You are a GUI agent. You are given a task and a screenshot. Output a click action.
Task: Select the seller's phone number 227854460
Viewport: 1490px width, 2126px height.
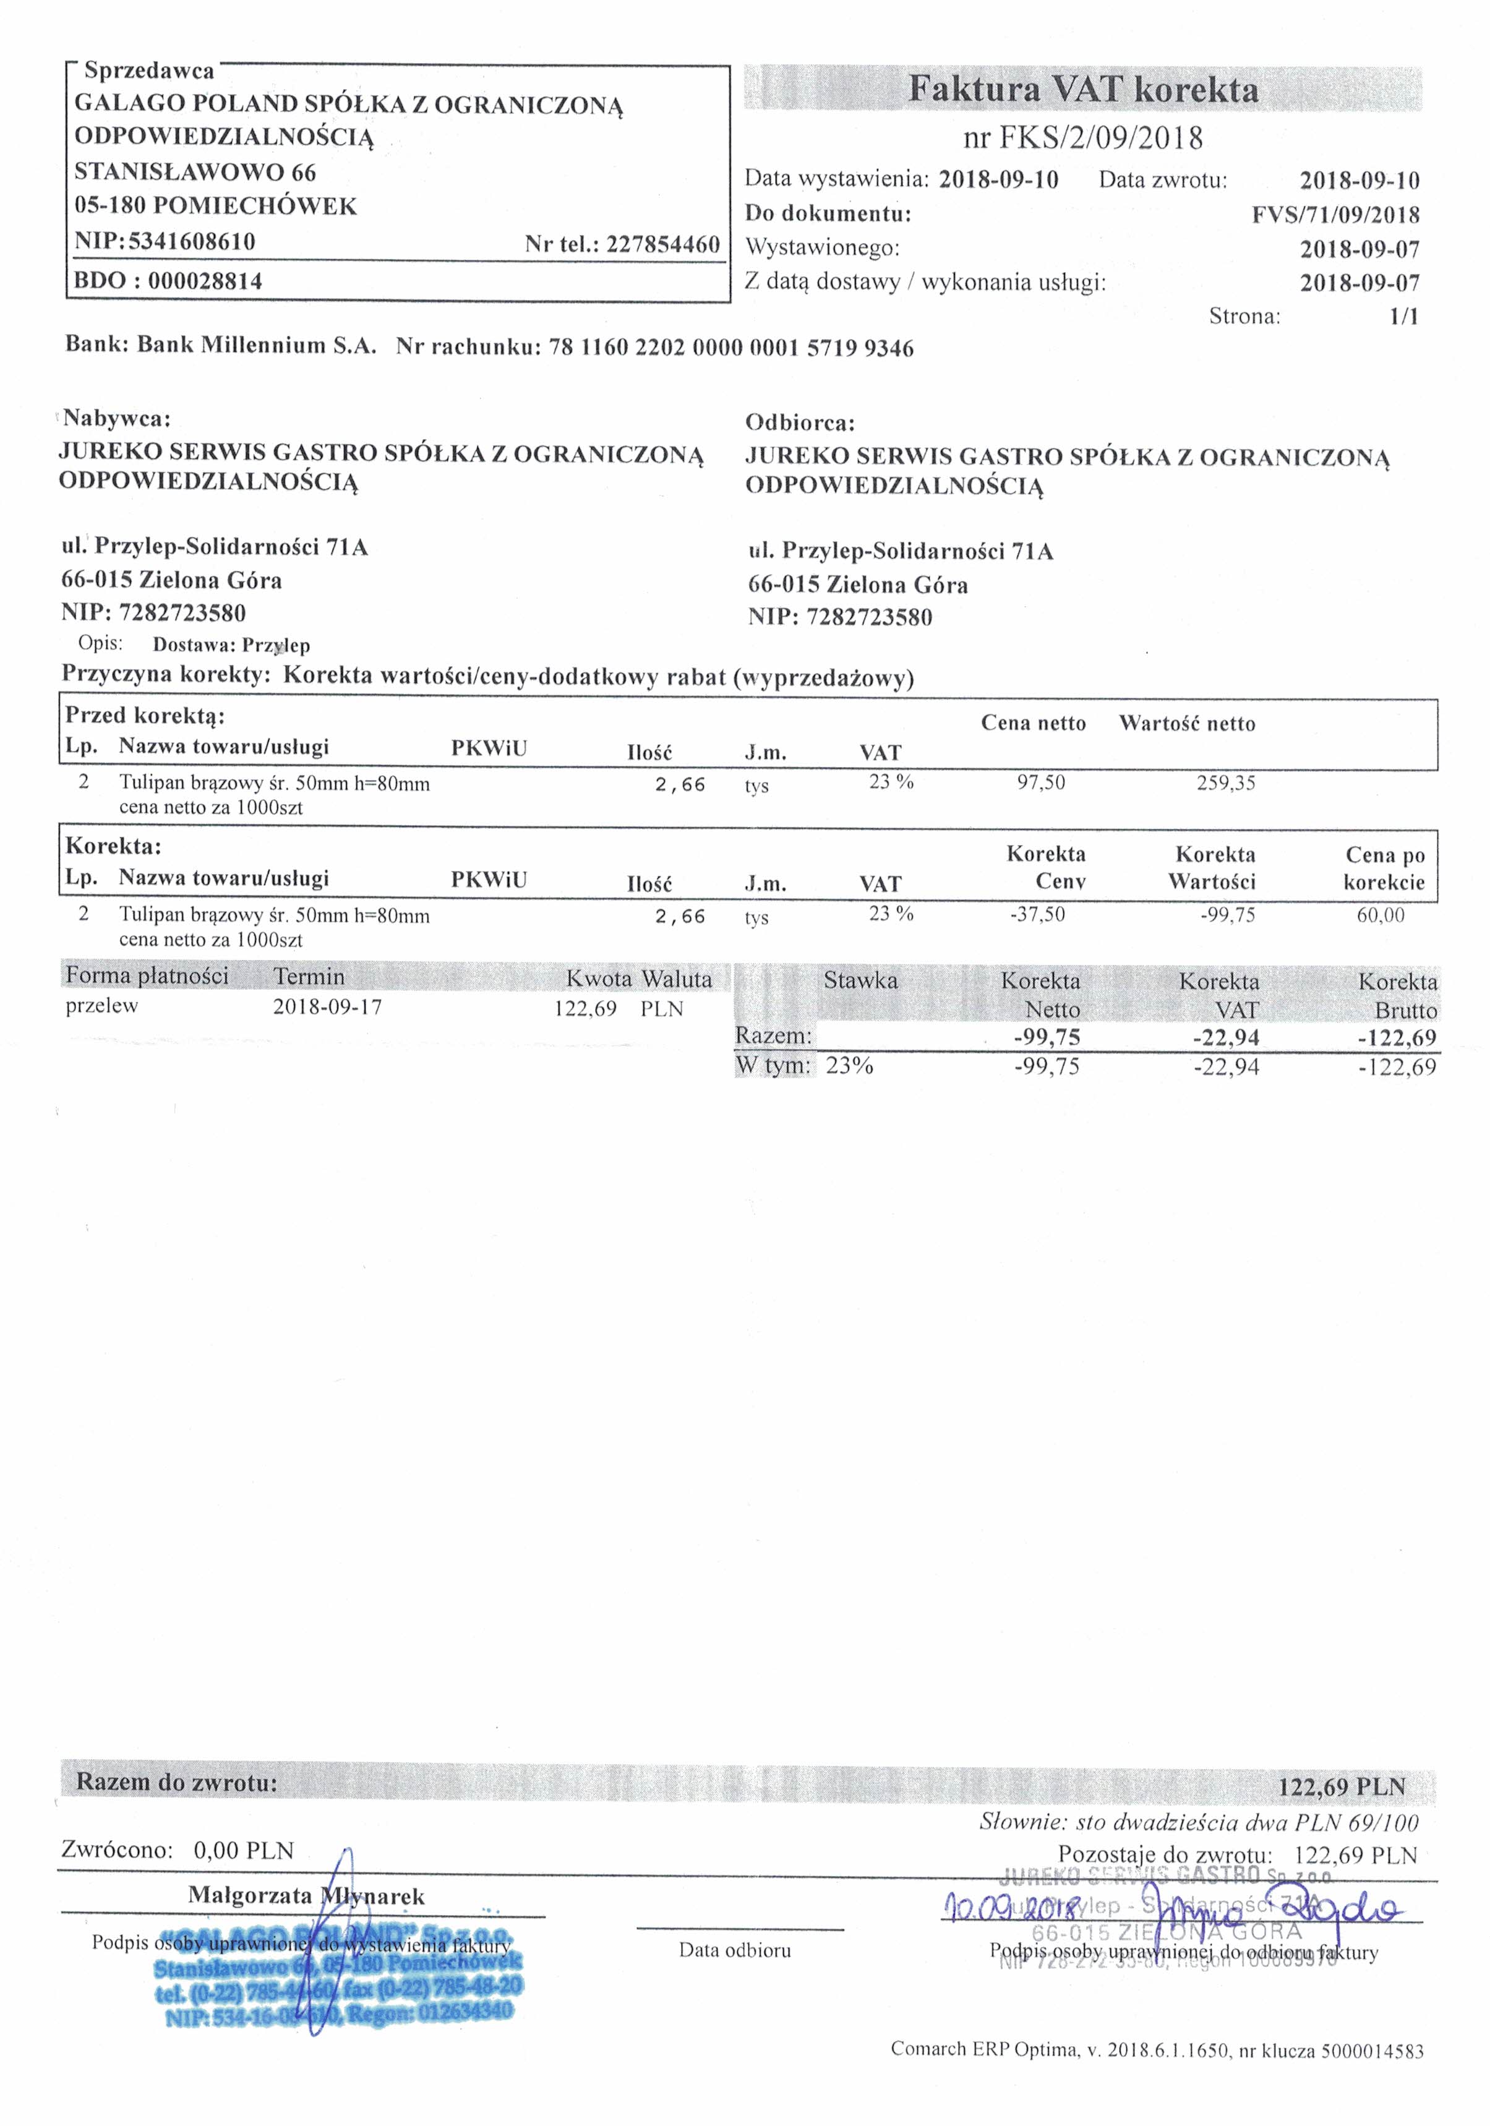tap(662, 244)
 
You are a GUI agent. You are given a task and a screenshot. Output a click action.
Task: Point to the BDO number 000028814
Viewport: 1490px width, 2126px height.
tap(205, 281)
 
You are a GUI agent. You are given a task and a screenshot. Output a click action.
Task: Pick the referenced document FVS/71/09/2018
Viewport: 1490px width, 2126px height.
tap(1335, 215)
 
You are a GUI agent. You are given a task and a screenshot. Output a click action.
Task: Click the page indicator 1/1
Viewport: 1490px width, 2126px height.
tap(1404, 317)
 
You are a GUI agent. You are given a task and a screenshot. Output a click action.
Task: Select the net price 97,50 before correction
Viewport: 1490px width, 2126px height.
tap(1041, 782)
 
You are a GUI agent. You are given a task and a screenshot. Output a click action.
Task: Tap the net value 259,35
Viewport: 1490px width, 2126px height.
tap(1225, 782)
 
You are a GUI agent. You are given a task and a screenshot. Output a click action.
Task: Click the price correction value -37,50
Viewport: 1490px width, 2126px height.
tap(1037, 915)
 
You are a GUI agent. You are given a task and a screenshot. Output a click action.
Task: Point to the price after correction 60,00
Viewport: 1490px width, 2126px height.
tap(1380, 915)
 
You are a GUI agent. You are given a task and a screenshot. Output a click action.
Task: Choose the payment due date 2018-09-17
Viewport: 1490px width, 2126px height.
tap(327, 1006)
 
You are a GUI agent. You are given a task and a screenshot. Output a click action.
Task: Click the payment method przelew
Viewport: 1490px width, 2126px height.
tap(101, 1006)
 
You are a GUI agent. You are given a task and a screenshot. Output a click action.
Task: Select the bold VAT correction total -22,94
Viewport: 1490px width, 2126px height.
tap(1225, 1037)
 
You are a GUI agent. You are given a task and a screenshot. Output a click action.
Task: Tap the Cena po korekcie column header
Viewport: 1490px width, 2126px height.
tap(1384, 868)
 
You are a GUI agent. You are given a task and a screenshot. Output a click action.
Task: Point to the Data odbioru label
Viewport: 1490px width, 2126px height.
tap(734, 1950)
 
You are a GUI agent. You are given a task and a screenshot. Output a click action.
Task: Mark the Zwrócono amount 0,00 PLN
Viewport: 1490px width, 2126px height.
tap(242, 1850)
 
